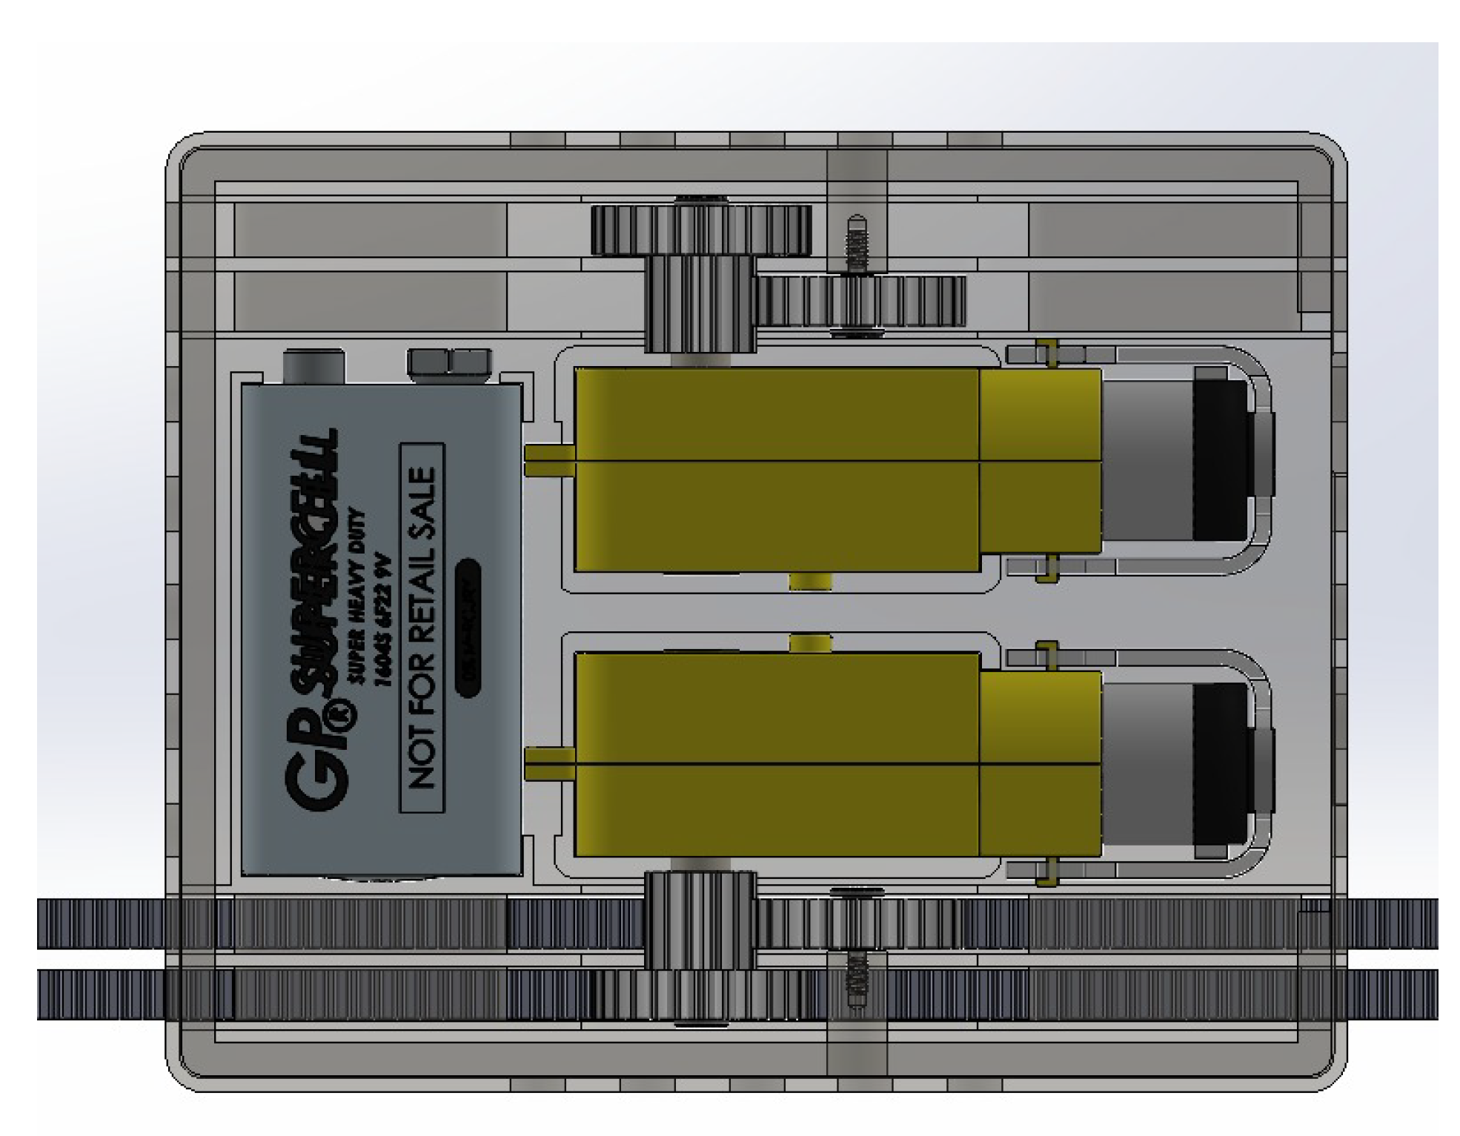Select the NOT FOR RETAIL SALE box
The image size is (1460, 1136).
coord(422,627)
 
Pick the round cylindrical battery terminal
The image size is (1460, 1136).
coord(313,366)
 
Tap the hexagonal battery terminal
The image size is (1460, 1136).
coord(449,364)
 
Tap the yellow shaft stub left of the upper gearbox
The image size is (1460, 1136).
coord(549,459)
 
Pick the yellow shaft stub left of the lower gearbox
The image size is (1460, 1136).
coord(549,763)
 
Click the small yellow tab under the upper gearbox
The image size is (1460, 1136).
coord(810,582)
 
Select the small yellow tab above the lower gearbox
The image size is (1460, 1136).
coord(810,642)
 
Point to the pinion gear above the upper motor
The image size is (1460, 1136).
coord(700,304)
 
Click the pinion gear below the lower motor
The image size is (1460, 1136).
coord(700,919)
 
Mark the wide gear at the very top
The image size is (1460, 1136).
coord(700,230)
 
